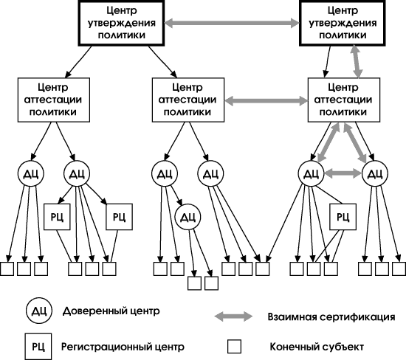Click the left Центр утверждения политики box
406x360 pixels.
(121, 23)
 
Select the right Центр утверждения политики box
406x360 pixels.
(343, 23)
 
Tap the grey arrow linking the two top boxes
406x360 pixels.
(232, 23)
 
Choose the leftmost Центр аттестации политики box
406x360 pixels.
(54, 100)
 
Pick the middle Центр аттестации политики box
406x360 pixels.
(188, 100)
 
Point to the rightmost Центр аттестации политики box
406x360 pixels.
(344, 100)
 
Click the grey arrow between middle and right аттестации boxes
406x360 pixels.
(266, 100)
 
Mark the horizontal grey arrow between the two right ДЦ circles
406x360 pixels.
(343, 173)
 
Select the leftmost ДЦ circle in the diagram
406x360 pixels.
(30, 173)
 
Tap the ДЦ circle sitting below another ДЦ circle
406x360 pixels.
(188, 217)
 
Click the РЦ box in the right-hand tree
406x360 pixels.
(343, 217)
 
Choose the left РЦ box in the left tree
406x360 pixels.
(57, 217)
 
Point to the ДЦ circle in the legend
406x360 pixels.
(39, 311)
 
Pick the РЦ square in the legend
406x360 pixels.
(38, 347)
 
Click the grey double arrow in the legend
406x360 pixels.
(233, 316)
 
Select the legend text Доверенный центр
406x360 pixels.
(111, 311)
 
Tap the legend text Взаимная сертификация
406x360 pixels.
(331, 316)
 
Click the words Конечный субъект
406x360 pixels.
(317, 347)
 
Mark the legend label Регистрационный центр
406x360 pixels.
(123, 347)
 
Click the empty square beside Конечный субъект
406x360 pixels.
(234, 347)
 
